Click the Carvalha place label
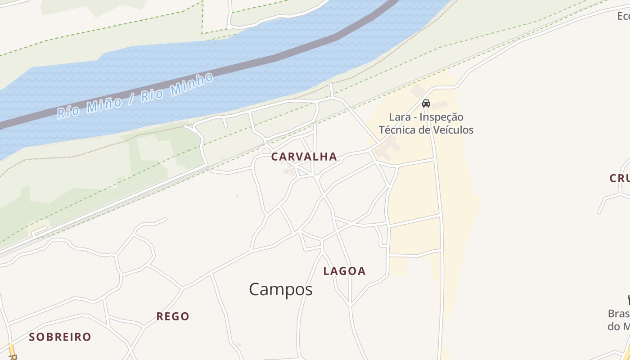tap(304, 157)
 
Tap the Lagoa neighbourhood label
tap(345, 271)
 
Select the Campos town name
tap(281, 289)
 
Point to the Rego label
tap(173, 316)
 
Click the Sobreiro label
tap(60, 337)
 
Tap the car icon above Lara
tap(426, 103)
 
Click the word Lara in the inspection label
tap(400, 117)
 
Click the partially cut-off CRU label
tap(620, 178)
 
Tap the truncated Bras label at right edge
tap(618, 314)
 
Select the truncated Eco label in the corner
tap(623, 16)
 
